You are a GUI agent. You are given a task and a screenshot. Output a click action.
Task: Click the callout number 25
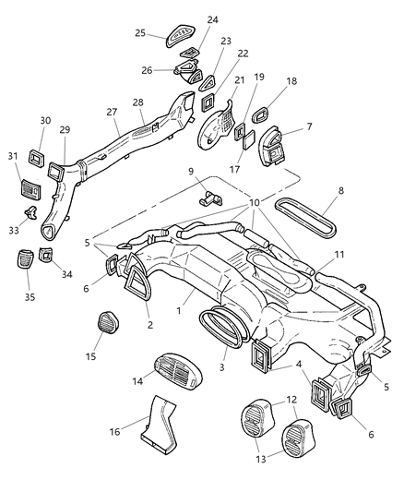(x=141, y=32)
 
